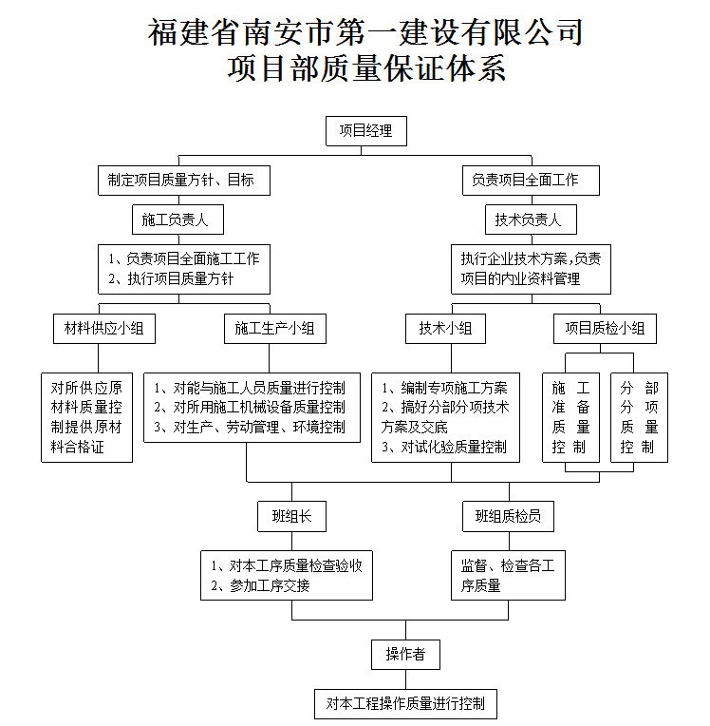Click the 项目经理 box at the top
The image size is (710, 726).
tap(366, 131)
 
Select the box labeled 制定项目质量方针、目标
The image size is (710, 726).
tap(184, 181)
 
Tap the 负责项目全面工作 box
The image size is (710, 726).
tap(531, 181)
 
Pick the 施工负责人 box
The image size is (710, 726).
tap(178, 220)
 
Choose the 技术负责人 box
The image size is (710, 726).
tap(531, 220)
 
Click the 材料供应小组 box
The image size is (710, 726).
tap(104, 329)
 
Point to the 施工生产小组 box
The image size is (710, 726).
tap(275, 329)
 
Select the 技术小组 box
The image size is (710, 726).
tap(445, 329)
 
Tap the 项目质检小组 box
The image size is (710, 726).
tap(605, 329)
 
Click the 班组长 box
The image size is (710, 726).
tap(291, 516)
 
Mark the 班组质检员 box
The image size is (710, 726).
tap(509, 516)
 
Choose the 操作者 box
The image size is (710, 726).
tap(405, 655)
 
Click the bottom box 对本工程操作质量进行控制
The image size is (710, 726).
tap(405, 704)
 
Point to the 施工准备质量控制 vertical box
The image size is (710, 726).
tap(570, 417)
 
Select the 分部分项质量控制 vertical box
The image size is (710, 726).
tap(639, 417)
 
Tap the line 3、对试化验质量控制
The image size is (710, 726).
tap(444, 447)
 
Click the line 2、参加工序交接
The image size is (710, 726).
tap(260, 585)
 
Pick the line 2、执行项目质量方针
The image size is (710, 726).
tap(171, 278)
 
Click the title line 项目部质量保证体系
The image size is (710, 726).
tap(366, 69)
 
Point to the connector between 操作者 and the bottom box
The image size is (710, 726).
tap(405, 679)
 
